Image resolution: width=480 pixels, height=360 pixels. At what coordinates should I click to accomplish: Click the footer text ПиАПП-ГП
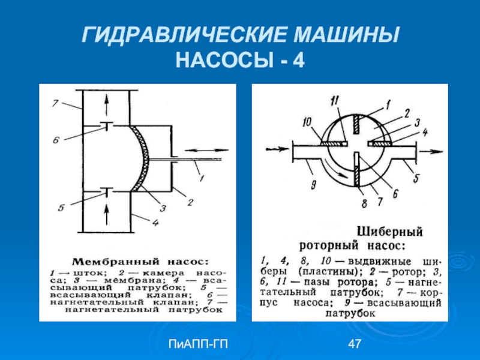193,344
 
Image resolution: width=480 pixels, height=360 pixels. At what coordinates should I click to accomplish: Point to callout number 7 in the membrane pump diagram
55,104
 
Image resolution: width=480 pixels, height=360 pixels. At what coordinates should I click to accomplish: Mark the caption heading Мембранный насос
141,262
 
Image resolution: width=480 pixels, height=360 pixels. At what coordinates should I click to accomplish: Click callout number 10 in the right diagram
308,122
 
